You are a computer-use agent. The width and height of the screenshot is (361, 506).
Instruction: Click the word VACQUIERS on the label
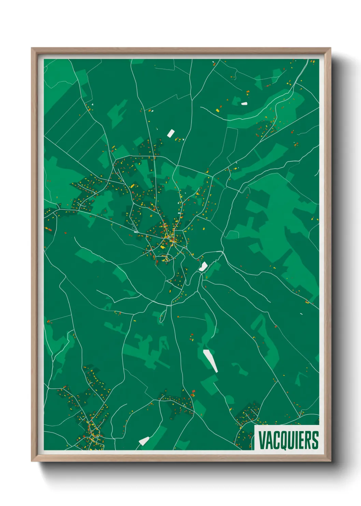tap(288, 440)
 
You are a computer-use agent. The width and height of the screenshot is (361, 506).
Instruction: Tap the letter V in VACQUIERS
tap(262, 440)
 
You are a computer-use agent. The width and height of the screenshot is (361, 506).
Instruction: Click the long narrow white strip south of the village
tap(211, 360)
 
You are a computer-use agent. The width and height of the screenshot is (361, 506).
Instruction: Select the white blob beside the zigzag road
tap(203, 266)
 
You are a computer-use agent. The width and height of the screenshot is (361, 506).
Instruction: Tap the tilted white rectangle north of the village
tap(171, 133)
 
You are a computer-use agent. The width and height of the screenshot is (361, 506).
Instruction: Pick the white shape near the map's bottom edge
tap(144, 441)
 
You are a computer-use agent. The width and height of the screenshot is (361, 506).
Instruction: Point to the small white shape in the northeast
tap(244, 103)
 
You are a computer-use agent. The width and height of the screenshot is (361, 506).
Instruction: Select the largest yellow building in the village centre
tap(163, 246)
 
